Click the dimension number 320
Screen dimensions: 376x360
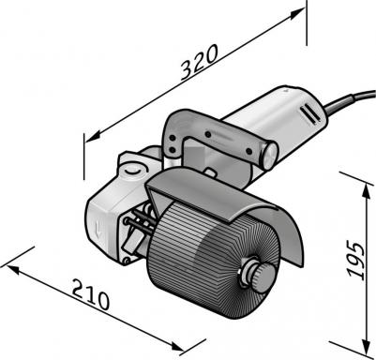point(199,62)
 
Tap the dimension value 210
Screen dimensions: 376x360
point(91,293)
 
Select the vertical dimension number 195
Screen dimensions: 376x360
point(356,259)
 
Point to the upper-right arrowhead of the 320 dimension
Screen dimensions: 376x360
point(296,13)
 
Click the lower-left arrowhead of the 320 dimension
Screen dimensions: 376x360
point(93,137)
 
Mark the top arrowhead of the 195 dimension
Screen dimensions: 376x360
point(365,191)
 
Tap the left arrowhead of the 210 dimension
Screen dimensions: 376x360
point(13,270)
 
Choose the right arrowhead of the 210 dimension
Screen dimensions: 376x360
point(178,346)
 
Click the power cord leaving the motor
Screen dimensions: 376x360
point(350,99)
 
